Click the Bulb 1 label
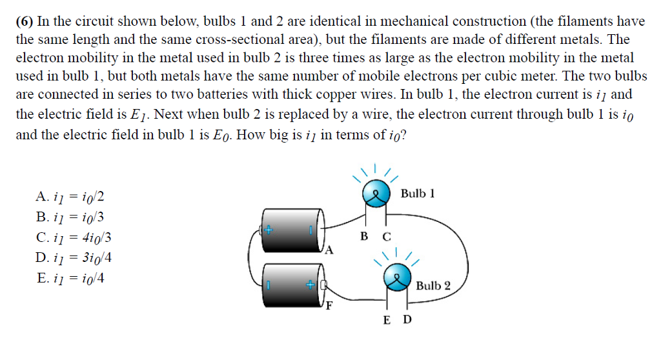coord(418,194)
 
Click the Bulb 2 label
coord(433,285)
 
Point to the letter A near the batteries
coord(330,250)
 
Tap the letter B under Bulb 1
coord(364,236)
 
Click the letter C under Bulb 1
coord(387,236)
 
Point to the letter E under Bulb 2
coord(386,320)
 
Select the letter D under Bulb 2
coord(407,320)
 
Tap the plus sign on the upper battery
coord(268,229)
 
